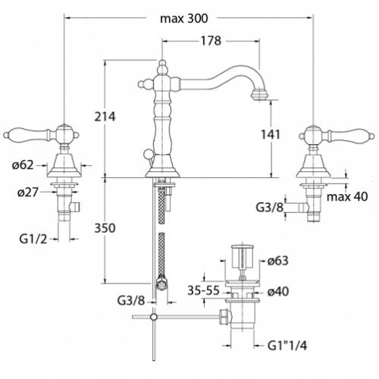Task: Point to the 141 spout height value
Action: click(x=270, y=134)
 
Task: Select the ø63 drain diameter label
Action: click(x=277, y=262)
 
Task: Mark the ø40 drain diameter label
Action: click(x=277, y=290)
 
